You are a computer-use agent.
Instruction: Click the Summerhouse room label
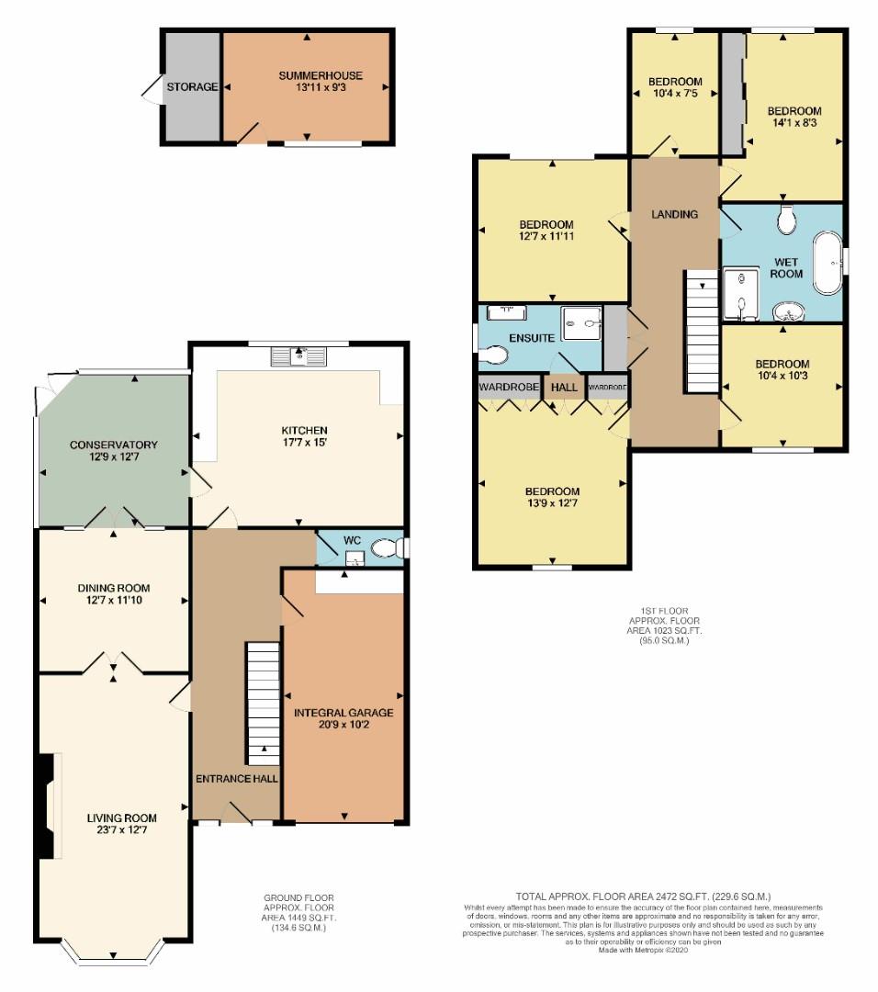(x=321, y=75)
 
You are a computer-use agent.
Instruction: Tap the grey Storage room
(x=192, y=86)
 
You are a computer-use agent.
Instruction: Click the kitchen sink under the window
(x=298, y=356)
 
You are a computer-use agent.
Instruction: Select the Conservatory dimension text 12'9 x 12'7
(x=114, y=457)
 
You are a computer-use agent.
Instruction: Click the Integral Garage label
(x=343, y=713)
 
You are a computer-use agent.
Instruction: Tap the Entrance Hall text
(x=237, y=779)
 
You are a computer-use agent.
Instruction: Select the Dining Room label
(x=114, y=589)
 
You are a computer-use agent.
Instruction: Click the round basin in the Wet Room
(x=788, y=311)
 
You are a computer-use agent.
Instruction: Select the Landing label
(x=674, y=214)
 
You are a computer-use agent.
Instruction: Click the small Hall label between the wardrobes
(x=564, y=388)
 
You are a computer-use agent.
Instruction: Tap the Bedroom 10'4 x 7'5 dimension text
(x=675, y=94)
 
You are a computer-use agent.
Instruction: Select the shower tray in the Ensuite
(x=582, y=323)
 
